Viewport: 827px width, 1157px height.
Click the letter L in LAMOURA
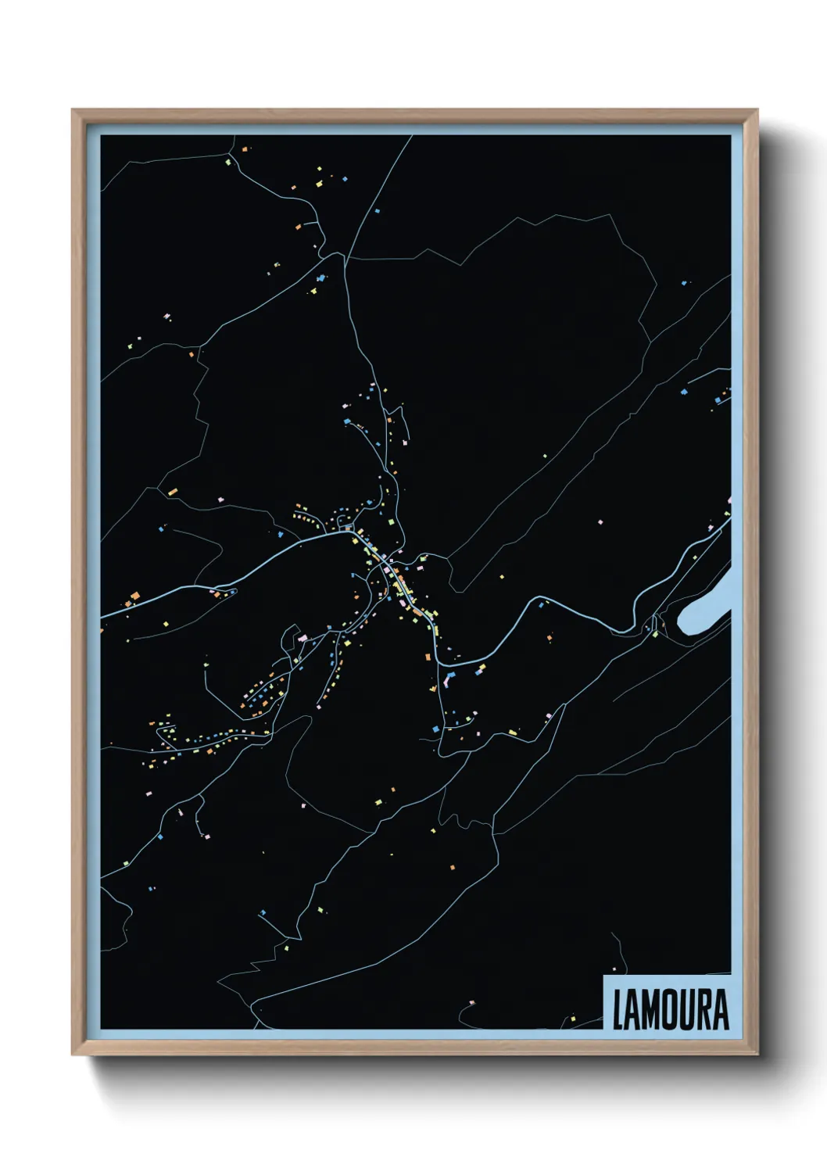tap(618, 1010)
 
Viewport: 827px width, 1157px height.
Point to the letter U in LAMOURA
tap(684, 1010)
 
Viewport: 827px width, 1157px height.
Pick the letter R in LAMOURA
tap(701, 1010)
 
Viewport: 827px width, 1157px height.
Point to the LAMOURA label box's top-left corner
tap(603, 976)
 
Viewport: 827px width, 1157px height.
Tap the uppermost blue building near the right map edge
tap(685, 282)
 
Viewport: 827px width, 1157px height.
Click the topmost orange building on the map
tap(245, 149)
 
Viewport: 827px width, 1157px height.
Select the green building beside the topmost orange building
tap(228, 163)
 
